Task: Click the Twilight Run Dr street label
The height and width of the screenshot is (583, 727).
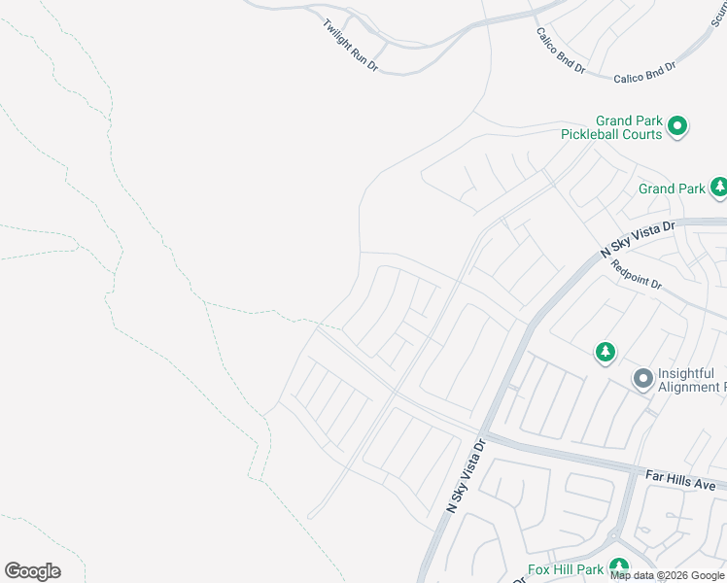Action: pyautogui.click(x=350, y=45)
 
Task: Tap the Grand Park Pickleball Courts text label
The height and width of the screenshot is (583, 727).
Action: pyautogui.click(x=611, y=127)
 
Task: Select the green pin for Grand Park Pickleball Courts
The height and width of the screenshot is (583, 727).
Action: pyautogui.click(x=678, y=125)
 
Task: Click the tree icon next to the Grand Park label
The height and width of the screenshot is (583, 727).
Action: pyautogui.click(x=718, y=186)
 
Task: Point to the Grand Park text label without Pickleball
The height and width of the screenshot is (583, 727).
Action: pyautogui.click(x=672, y=189)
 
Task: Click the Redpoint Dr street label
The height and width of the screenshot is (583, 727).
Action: pyautogui.click(x=637, y=279)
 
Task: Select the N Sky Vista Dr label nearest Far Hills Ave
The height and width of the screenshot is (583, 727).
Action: pyautogui.click(x=465, y=475)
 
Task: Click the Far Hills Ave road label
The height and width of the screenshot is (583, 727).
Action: pyautogui.click(x=680, y=478)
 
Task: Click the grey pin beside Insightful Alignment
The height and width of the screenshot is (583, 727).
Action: pyautogui.click(x=642, y=378)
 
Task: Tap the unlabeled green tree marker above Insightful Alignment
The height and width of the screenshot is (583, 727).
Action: pyautogui.click(x=606, y=351)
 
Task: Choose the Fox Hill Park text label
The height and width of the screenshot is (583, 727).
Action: pyautogui.click(x=567, y=569)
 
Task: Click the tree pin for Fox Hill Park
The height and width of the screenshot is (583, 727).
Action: pyautogui.click(x=619, y=568)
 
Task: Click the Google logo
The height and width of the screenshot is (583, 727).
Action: pyautogui.click(x=32, y=571)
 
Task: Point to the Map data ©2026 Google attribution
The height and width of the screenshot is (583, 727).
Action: pyautogui.click(x=668, y=575)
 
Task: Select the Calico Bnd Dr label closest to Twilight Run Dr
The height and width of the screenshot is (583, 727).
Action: pyautogui.click(x=561, y=51)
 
